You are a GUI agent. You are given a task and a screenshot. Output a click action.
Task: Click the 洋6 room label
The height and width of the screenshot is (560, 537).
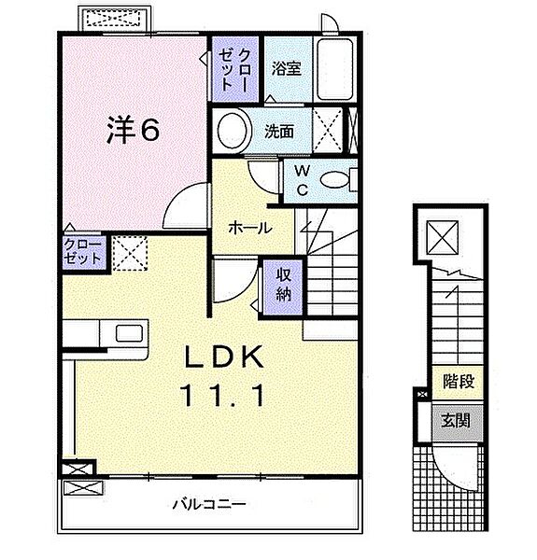click(x=133, y=131)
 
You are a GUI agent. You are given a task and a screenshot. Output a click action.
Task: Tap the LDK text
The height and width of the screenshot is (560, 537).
click(x=224, y=357)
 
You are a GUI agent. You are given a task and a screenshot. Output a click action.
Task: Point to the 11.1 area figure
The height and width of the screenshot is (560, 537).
click(x=224, y=396)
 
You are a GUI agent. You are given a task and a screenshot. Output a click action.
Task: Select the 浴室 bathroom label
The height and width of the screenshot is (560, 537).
click(x=286, y=68)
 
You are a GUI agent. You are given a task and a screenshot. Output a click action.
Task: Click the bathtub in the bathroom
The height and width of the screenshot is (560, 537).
click(x=335, y=69)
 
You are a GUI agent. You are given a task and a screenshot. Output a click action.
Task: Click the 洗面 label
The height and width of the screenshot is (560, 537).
click(x=279, y=132)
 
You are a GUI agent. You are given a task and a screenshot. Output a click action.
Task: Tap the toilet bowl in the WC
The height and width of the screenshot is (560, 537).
click(x=334, y=180)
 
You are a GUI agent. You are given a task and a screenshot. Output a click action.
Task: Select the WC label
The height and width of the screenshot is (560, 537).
click(x=302, y=181)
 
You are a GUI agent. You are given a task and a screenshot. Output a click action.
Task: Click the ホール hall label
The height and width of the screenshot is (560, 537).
click(x=250, y=229)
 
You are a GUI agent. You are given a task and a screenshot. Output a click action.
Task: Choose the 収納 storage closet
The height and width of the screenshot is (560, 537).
click(x=283, y=287)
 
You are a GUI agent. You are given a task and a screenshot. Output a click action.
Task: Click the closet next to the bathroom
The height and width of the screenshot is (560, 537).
click(x=235, y=69)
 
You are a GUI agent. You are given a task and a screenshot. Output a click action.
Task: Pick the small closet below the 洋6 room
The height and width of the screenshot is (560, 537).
click(x=84, y=253)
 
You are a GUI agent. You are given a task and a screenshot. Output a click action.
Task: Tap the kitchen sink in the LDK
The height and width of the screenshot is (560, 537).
click(x=129, y=333)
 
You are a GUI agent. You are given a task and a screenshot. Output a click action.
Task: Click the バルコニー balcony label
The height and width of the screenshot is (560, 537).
click(x=209, y=504)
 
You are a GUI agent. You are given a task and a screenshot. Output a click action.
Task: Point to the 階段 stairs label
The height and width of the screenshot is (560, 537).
click(x=459, y=382)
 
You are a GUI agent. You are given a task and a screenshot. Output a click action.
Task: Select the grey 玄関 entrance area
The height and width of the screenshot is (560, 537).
click(x=457, y=422)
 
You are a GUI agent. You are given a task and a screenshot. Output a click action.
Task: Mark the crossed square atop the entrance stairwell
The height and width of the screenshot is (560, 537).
click(x=443, y=237)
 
